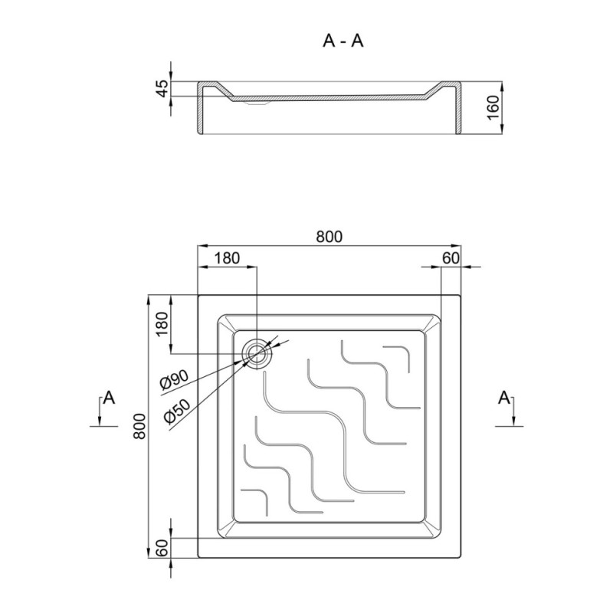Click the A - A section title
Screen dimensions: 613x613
click(x=343, y=41)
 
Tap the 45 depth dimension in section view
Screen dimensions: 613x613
click(x=163, y=88)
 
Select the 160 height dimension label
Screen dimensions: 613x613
click(x=493, y=108)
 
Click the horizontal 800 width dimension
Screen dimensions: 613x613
click(x=329, y=237)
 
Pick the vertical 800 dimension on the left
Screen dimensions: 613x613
click(x=139, y=426)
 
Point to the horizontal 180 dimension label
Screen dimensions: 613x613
click(x=227, y=258)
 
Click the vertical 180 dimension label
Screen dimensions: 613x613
click(x=162, y=323)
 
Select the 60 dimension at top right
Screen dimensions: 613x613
click(x=451, y=258)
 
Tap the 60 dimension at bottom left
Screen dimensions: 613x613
click(x=162, y=548)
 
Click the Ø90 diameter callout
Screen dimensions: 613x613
click(x=175, y=379)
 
